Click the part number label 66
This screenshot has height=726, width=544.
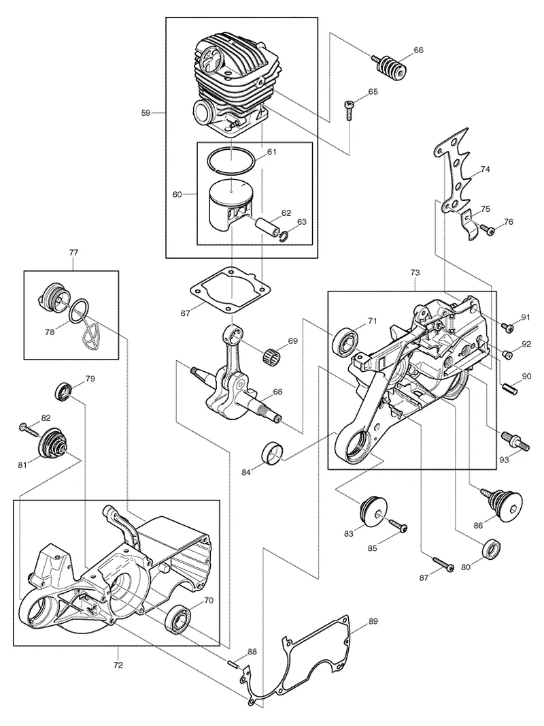pos(418,50)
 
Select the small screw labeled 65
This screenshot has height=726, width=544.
pos(348,109)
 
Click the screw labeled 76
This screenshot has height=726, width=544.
pos(486,229)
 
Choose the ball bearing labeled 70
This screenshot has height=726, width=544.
pos(178,618)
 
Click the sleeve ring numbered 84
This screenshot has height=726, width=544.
pos(273,452)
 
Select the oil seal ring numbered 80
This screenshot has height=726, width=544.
pos(492,549)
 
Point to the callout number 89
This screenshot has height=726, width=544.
pos(373,621)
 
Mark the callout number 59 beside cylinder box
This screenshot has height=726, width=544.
pos(146,112)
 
